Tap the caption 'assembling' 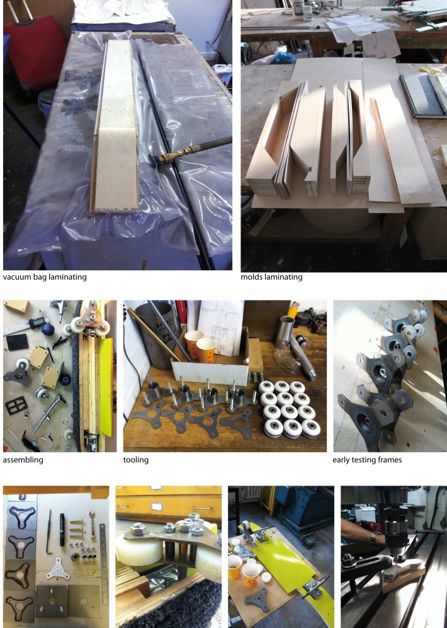coord(23,460)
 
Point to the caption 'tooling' coord(135,460)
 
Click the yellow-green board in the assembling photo coord(106,387)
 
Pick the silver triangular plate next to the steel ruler coord(58,568)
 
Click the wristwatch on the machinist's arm coord(373,537)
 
